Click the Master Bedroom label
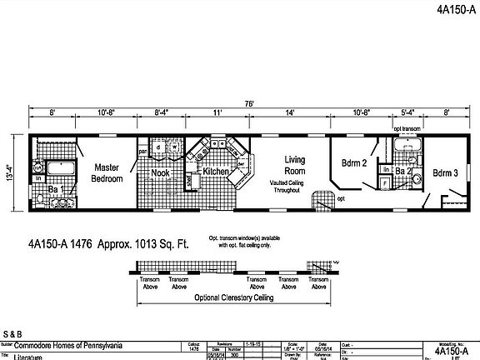[x=107, y=172]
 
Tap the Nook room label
[x=160, y=173]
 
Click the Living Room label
[x=295, y=164]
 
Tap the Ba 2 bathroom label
[x=402, y=171]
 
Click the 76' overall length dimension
[x=249, y=102]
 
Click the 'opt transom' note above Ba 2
[x=408, y=127]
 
